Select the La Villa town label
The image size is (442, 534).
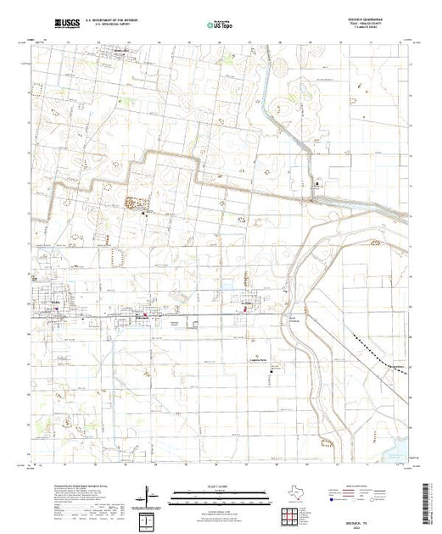click(249, 301)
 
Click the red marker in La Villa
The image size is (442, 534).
click(246, 310)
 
